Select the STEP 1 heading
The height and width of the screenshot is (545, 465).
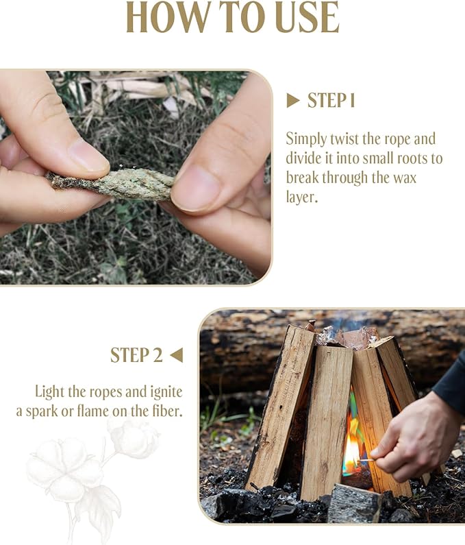[331, 101]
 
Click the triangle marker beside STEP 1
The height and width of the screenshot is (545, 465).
[293, 101]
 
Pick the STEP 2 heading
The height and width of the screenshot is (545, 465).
[136, 355]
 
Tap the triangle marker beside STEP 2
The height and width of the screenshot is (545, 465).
[176, 355]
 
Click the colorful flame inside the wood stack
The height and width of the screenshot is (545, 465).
[352, 439]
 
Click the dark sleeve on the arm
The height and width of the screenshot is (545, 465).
[452, 384]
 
